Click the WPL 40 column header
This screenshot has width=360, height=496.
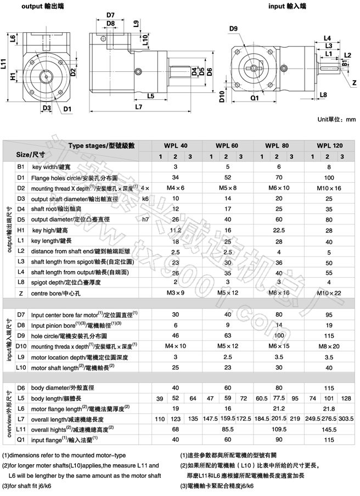(x=175, y=145)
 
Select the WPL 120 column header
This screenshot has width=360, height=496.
(x=329, y=145)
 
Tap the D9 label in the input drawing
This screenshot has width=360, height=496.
(x=233, y=29)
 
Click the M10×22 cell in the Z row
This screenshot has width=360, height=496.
(x=329, y=293)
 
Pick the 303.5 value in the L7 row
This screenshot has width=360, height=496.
(x=346, y=419)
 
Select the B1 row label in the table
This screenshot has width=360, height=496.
(x=21, y=167)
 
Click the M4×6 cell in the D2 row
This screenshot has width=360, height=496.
(x=176, y=188)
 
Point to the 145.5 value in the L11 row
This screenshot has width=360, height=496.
(x=329, y=429)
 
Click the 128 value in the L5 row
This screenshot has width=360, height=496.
(x=346, y=398)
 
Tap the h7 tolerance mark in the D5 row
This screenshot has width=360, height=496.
(x=145, y=219)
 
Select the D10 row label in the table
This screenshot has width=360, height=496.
(x=21, y=346)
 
